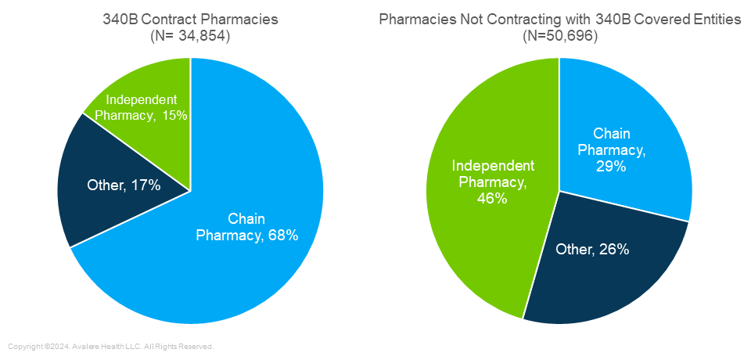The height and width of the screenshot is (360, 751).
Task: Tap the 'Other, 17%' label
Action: (x=123, y=185)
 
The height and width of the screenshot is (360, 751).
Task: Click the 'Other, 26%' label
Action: (x=592, y=250)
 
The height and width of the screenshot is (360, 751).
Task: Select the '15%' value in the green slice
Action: (x=175, y=116)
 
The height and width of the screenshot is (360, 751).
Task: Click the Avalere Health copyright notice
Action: (x=110, y=346)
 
